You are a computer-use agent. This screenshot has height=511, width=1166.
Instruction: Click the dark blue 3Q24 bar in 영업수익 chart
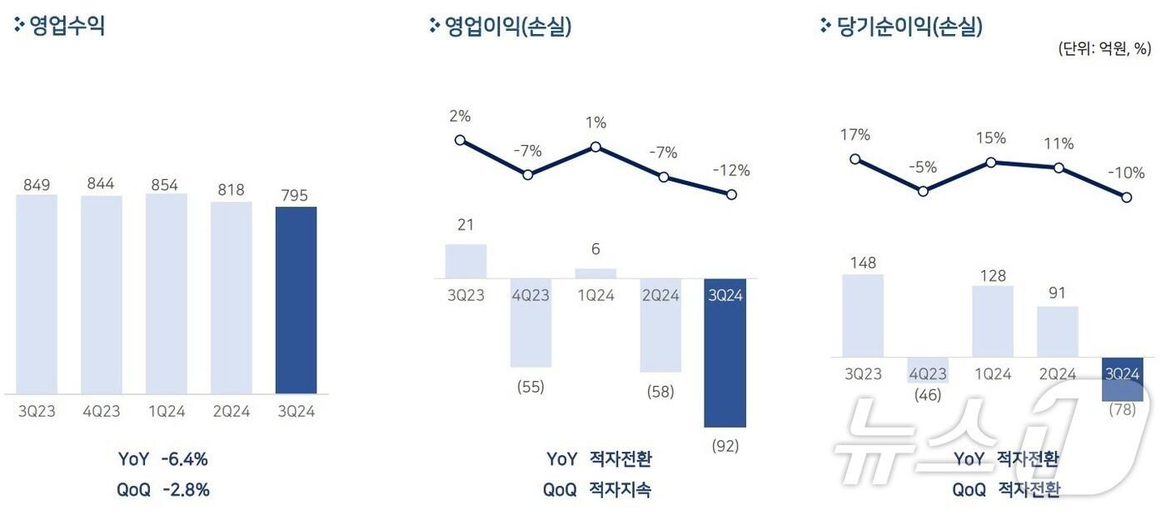pos(296,300)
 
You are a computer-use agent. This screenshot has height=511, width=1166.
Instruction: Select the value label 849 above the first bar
pos(36,183)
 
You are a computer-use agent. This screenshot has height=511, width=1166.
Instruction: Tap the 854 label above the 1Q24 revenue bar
pos(166,184)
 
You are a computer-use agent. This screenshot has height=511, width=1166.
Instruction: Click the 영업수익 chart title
pos(67,26)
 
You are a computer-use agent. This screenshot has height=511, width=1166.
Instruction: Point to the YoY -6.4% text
pos(163,458)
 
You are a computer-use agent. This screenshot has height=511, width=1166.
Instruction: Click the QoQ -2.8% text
pos(163,489)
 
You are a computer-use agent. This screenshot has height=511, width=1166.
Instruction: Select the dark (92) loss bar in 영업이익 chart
pos(725,353)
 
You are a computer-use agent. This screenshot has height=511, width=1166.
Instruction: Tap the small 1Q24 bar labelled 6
pos(595,273)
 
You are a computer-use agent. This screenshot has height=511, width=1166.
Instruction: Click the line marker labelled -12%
pos(731,194)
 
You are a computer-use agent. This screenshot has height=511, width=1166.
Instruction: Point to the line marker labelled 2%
pos(460,140)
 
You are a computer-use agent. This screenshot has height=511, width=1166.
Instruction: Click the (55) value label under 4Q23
pos(531,387)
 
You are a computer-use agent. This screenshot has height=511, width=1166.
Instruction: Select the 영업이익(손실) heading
pos(507,27)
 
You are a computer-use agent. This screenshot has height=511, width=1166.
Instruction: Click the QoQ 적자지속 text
pos(597,489)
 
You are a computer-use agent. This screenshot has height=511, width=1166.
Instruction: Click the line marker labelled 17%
pos(855,158)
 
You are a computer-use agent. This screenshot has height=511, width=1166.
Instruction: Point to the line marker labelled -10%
pos(1126,198)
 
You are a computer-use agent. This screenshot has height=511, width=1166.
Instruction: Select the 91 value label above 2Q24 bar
pos(1058,293)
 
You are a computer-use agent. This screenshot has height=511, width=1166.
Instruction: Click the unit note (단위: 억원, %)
pos(1104,48)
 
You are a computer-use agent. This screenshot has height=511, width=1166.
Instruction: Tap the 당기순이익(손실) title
pos(908,27)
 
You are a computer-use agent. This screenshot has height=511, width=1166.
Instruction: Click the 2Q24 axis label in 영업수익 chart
pos(231,411)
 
